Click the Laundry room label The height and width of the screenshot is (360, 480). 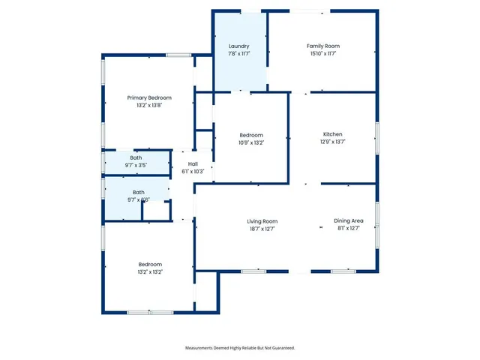click(x=238, y=46)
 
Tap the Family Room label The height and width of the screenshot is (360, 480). click(x=323, y=46)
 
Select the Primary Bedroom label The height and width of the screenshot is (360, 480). click(x=149, y=97)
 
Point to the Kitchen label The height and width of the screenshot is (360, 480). click(x=332, y=133)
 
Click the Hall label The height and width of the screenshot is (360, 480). click(x=193, y=163)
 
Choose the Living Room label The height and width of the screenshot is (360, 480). click(x=262, y=221)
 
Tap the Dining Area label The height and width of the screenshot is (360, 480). click(x=349, y=221)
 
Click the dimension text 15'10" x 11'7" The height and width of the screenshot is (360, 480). click(x=323, y=54)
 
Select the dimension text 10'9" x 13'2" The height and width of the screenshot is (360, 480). click(x=251, y=142)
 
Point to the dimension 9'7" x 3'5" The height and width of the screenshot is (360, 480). click(x=136, y=165)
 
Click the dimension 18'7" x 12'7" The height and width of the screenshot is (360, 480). click(x=262, y=229)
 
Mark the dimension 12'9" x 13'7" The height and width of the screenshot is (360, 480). click(x=332, y=141)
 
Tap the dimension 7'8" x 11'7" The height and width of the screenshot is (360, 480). click(x=238, y=54)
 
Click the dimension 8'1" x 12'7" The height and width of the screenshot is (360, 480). click(x=349, y=229)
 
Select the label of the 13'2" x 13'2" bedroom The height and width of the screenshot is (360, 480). click(x=150, y=264)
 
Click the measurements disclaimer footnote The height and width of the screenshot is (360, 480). click(x=240, y=348)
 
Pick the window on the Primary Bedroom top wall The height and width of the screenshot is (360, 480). click(x=178, y=55)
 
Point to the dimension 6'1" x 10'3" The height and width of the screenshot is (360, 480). click(x=193, y=171)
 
